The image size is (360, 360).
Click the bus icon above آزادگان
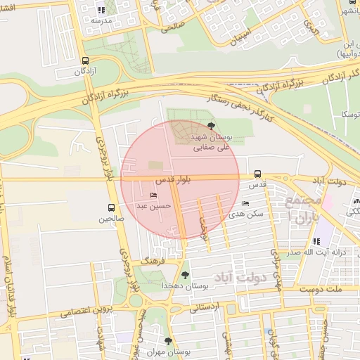[x=86, y=60]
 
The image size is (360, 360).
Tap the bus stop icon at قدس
[x=258, y=174]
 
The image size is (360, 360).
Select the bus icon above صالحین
[x=112, y=207]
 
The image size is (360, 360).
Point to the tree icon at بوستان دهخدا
[x=186, y=275]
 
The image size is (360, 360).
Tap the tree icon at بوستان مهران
[x=167, y=340]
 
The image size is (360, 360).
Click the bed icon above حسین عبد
[x=153, y=195]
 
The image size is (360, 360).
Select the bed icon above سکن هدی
[x=245, y=203]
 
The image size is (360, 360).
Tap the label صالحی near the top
[x=171, y=29]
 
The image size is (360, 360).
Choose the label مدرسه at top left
[x=102, y=21]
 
